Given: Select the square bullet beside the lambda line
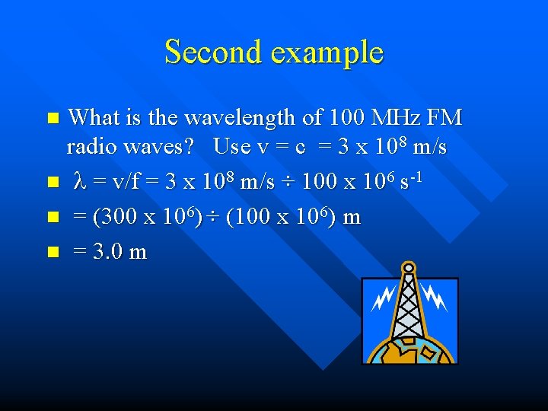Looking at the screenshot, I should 53,183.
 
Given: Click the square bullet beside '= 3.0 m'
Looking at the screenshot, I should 53,251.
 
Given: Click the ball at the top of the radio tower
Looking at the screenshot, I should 409,267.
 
